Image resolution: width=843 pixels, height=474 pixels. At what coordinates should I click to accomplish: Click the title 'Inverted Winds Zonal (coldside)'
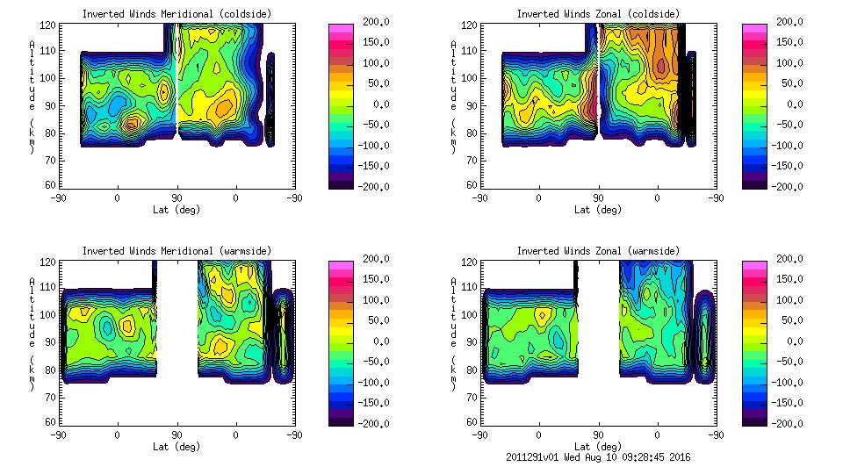pyautogui.click(x=598, y=14)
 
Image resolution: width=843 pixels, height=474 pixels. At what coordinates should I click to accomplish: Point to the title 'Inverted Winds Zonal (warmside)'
pyautogui.click(x=598, y=251)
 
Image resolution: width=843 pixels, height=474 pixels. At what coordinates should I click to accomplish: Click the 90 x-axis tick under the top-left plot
pyautogui.click(x=177, y=197)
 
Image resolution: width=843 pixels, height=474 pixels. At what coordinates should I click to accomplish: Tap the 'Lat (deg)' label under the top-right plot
pyautogui.click(x=598, y=209)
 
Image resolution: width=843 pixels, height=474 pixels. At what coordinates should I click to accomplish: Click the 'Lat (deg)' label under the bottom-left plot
pyautogui.click(x=177, y=446)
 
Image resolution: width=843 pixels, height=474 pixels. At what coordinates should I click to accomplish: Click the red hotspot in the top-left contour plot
pyautogui.click(x=131, y=124)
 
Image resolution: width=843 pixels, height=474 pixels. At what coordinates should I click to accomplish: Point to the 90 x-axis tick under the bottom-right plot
pyautogui.click(x=598, y=434)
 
